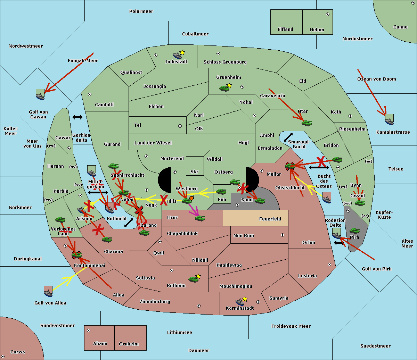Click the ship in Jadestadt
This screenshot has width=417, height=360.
pyautogui.click(x=177, y=55)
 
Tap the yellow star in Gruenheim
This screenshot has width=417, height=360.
pyautogui.click(x=229, y=85)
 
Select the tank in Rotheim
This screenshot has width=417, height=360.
pyautogui.click(x=193, y=279)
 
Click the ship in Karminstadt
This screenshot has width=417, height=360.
pyautogui.click(x=239, y=302)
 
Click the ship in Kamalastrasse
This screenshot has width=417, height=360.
pyautogui.click(x=389, y=120)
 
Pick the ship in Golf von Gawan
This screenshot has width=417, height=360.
pyautogui.click(x=40, y=95)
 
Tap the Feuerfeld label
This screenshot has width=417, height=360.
pyautogui.click(x=270, y=219)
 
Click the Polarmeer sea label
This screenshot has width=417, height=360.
pyautogui.click(x=141, y=11)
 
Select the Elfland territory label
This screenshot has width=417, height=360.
pyautogui.click(x=285, y=30)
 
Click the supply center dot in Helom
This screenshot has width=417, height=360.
pyautogui.click(x=327, y=14)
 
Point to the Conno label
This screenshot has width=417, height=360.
pyautogui.click(x=400, y=27)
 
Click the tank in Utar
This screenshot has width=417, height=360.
pyautogui.click(x=306, y=123)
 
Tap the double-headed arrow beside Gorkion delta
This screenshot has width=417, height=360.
pyautogui.click(x=77, y=117)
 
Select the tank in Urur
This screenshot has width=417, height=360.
pyautogui.click(x=200, y=218)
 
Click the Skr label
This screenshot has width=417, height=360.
pyautogui.click(x=195, y=171)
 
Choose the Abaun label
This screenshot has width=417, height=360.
pyautogui.click(x=100, y=344)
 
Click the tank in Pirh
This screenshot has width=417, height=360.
pyautogui.click(x=354, y=231)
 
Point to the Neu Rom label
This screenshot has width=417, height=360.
pyautogui.click(x=244, y=236)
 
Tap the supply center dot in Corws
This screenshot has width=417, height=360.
pyautogui.click(x=3, y=357)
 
